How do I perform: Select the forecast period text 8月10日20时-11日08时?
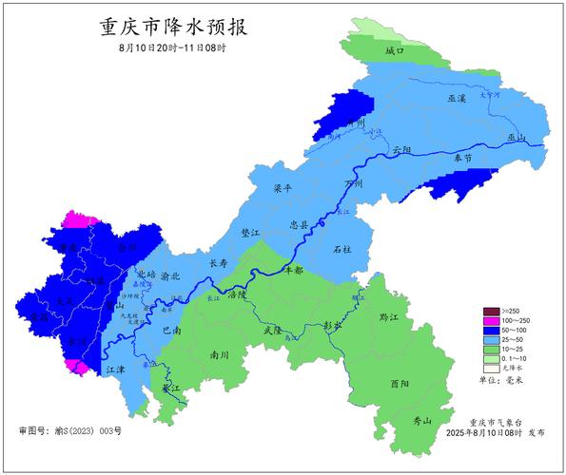(x=172, y=47)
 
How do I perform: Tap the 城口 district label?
(x=395, y=49)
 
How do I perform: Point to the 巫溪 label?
(x=457, y=99)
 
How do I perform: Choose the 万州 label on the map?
(x=353, y=182)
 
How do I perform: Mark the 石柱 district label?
(x=342, y=249)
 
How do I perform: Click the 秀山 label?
(x=420, y=420)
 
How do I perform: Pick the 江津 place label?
(x=116, y=369)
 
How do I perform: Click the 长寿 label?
(x=218, y=263)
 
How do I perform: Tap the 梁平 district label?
(x=283, y=188)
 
